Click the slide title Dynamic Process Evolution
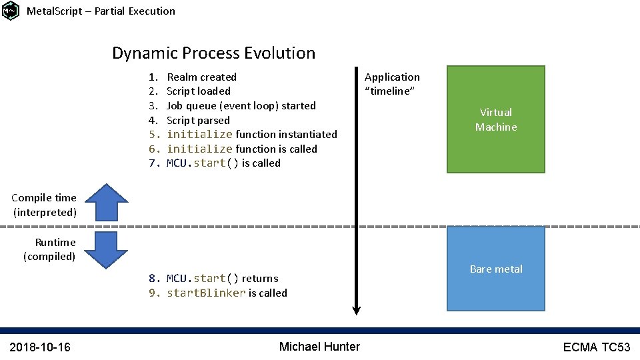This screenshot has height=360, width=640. [213, 53]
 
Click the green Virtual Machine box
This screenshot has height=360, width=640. [495, 119]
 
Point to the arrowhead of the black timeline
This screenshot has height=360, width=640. [357, 309]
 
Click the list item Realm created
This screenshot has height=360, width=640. [201, 77]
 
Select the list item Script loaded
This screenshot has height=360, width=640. [198, 91]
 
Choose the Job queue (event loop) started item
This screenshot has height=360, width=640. [241, 105]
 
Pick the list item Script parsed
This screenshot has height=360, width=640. [197, 120]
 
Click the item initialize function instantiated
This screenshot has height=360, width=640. [251, 135]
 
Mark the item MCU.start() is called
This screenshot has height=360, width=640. [223, 163]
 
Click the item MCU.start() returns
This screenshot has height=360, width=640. [222, 279]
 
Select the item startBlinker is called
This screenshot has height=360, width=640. [227, 293]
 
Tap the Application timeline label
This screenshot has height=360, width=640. [392, 84]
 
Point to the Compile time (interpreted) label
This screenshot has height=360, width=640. [45, 205]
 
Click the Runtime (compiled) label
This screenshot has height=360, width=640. [50, 249]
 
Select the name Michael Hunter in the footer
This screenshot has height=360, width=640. [319, 347]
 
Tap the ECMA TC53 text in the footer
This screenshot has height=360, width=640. [596, 347]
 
